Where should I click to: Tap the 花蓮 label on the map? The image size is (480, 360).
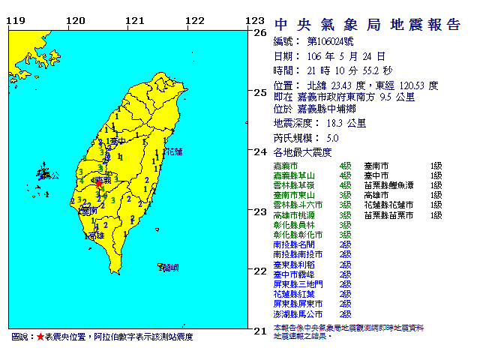tap(173, 151)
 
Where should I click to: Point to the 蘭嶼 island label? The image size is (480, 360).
tap(170, 266)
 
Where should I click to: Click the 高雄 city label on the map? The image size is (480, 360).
tap(95, 235)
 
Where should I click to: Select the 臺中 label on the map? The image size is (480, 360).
tap(115, 141)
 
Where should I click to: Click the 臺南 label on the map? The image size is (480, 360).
tap(88, 211)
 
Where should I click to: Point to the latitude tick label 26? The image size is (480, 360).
tap(260, 33)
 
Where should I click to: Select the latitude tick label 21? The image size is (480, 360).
tap(260, 331)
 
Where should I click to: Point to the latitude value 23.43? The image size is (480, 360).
tap(355, 85)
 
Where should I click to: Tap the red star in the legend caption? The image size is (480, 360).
tap(40, 337)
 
